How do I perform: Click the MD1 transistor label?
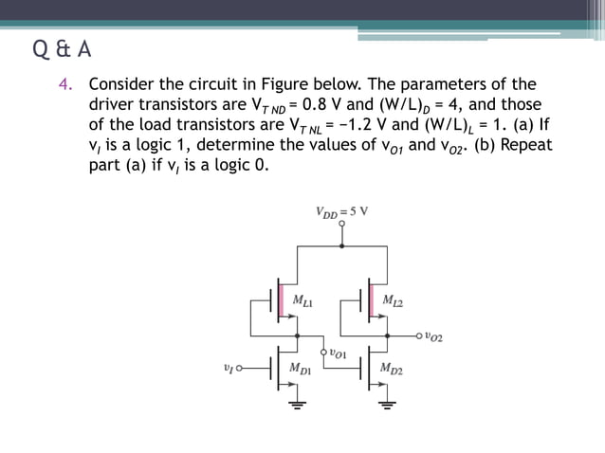click(x=303, y=368)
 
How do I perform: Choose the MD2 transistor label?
click(x=392, y=368)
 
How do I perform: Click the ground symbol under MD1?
click(x=299, y=406)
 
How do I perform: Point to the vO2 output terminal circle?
click(x=419, y=335)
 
